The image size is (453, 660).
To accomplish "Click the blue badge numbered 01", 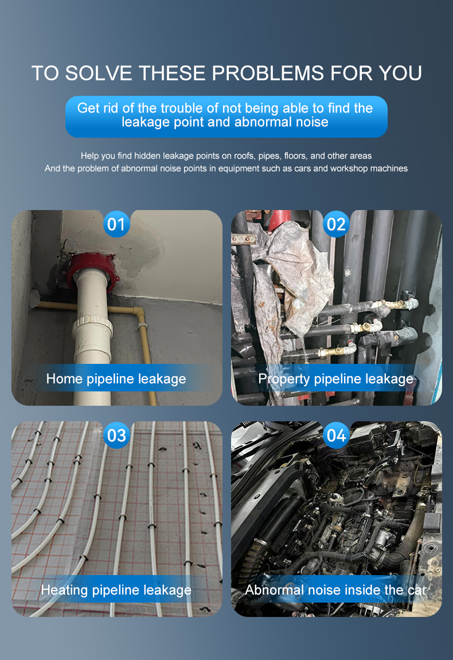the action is [x=116, y=224].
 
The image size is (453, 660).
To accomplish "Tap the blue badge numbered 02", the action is [x=336, y=224].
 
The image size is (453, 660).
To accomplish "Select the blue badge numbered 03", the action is [x=116, y=435].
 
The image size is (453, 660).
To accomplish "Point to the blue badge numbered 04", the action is [x=336, y=435].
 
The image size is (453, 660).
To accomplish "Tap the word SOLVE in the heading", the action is [x=99, y=73].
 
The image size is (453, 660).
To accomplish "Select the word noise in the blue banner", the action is [x=312, y=122].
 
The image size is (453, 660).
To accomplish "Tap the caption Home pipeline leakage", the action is [x=116, y=379].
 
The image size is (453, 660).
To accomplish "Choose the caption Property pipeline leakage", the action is [x=335, y=379].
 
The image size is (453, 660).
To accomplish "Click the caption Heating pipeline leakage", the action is [x=116, y=590].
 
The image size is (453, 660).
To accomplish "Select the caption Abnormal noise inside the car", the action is [x=335, y=590].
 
